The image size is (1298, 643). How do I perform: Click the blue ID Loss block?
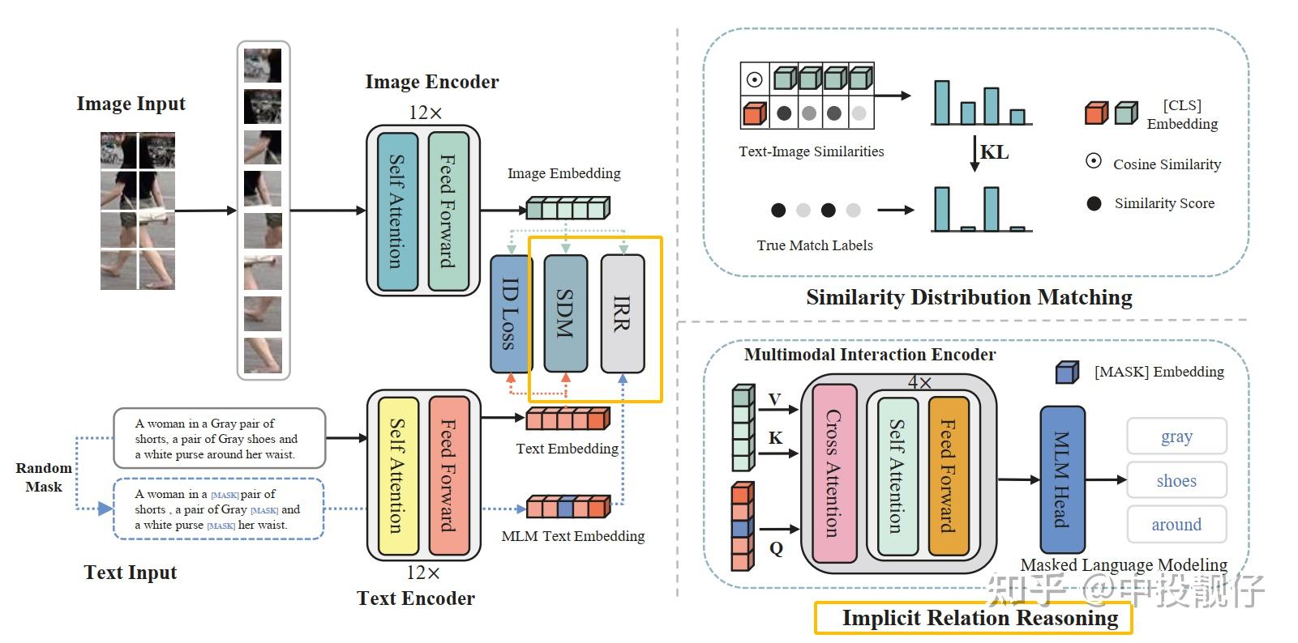(510, 313)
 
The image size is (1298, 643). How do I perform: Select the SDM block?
(565, 313)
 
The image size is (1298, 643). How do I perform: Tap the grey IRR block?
(622, 313)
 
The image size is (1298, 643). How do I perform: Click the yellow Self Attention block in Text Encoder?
(398, 475)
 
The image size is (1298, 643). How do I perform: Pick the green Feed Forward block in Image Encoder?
(448, 211)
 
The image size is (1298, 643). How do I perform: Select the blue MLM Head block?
(1061, 479)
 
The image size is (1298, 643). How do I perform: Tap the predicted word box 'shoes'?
(1176, 481)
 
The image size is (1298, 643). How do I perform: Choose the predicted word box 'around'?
(1176, 525)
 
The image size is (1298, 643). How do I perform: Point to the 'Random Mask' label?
(44, 477)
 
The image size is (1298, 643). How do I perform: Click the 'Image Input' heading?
(131, 104)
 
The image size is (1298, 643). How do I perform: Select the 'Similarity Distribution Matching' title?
(969, 297)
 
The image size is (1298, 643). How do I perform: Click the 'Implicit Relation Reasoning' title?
(979, 618)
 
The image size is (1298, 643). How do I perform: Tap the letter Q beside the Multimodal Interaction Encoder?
(776, 549)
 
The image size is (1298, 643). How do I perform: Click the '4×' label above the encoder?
(919, 382)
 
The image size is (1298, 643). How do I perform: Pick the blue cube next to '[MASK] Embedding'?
(1067, 372)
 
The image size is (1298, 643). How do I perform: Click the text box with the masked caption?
(218, 509)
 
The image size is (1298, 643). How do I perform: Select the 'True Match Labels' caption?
(815, 245)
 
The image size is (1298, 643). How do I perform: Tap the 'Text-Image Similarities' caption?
(811, 151)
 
